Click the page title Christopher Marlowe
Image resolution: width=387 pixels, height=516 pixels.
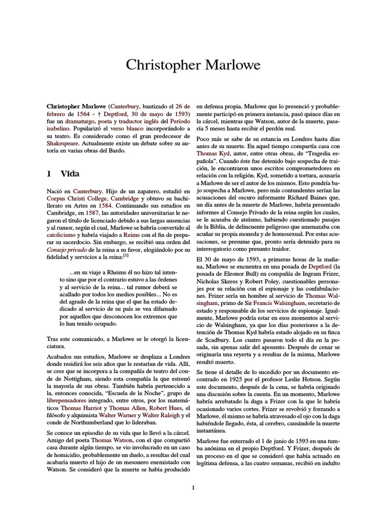(193, 65)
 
